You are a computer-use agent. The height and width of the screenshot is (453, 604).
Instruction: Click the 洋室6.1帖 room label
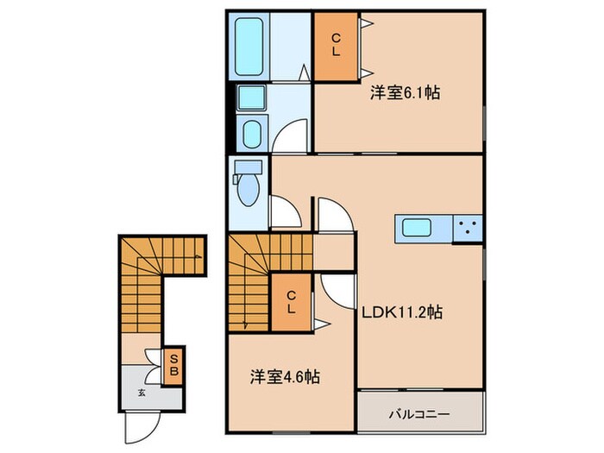[x=406, y=93]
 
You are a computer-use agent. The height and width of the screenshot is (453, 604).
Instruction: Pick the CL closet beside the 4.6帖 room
[x=292, y=301]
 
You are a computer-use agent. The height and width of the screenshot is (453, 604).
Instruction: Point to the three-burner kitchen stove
[x=469, y=230]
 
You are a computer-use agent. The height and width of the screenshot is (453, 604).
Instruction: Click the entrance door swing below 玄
[x=141, y=424]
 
